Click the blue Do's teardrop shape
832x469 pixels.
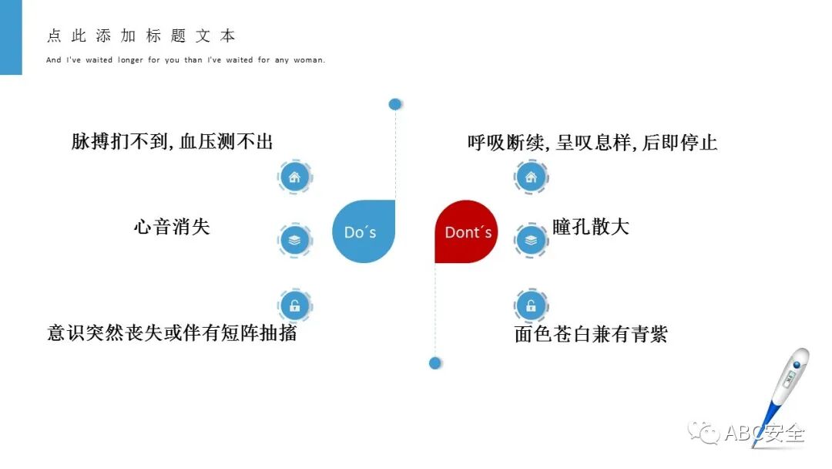[363, 231]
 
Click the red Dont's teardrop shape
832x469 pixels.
[466, 231]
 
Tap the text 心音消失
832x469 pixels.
[172, 227]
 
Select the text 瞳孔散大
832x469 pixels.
[591, 227]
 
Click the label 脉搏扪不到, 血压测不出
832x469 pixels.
[172, 142]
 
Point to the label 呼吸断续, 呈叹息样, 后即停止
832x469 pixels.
[592, 143]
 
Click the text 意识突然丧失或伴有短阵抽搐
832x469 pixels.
[172, 333]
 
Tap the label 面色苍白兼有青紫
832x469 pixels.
[591, 334]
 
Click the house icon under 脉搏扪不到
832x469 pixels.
[294, 177]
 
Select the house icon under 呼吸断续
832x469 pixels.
[531, 177]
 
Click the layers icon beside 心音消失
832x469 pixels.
[294, 241]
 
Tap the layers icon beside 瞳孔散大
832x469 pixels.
[531, 241]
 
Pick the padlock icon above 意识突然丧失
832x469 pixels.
[294, 305]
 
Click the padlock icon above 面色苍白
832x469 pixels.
[531, 305]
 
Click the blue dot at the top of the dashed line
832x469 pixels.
[395, 104]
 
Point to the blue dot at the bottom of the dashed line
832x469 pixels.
[434, 363]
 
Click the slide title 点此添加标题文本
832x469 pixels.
[141, 36]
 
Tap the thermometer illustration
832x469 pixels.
[782, 393]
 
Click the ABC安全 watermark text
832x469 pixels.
[763, 433]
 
